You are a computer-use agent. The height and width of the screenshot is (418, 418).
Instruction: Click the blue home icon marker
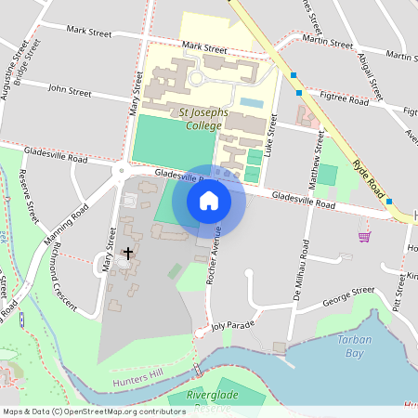tap(209, 200)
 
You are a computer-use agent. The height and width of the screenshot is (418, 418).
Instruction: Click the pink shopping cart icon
tap(364, 236)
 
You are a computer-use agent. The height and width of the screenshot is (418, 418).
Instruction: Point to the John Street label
tap(70, 92)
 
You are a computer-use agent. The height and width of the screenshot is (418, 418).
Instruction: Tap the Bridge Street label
tap(25, 62)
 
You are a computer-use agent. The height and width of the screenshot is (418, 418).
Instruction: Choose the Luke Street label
tap(273, 135)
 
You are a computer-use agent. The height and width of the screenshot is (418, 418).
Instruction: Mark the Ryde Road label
tap(369, 174)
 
